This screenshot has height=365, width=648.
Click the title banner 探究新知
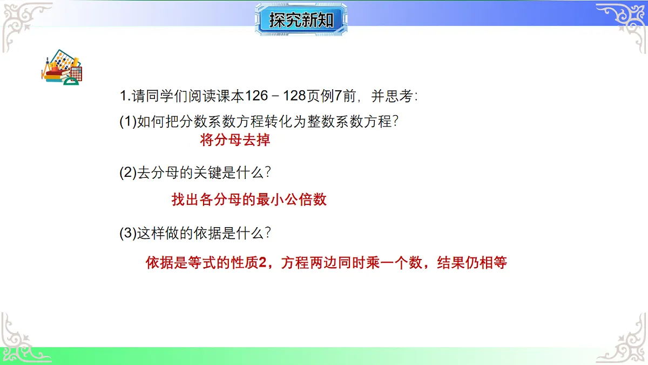pyautogui.click(x=301, y=20)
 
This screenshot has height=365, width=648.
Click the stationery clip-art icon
pyautogui.click(x=62, y=69)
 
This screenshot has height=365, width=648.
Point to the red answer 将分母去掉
pyautogui.click(x=235, y=141)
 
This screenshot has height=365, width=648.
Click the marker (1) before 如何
pyautogui.click(x=128, y=122)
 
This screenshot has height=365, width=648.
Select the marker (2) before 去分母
pyautogui.click(x=128, y=173)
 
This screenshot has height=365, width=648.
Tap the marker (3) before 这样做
pyautogui.click(x=128, y=234)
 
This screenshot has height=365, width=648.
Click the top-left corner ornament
pyautogui.click(x=24, y=24)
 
